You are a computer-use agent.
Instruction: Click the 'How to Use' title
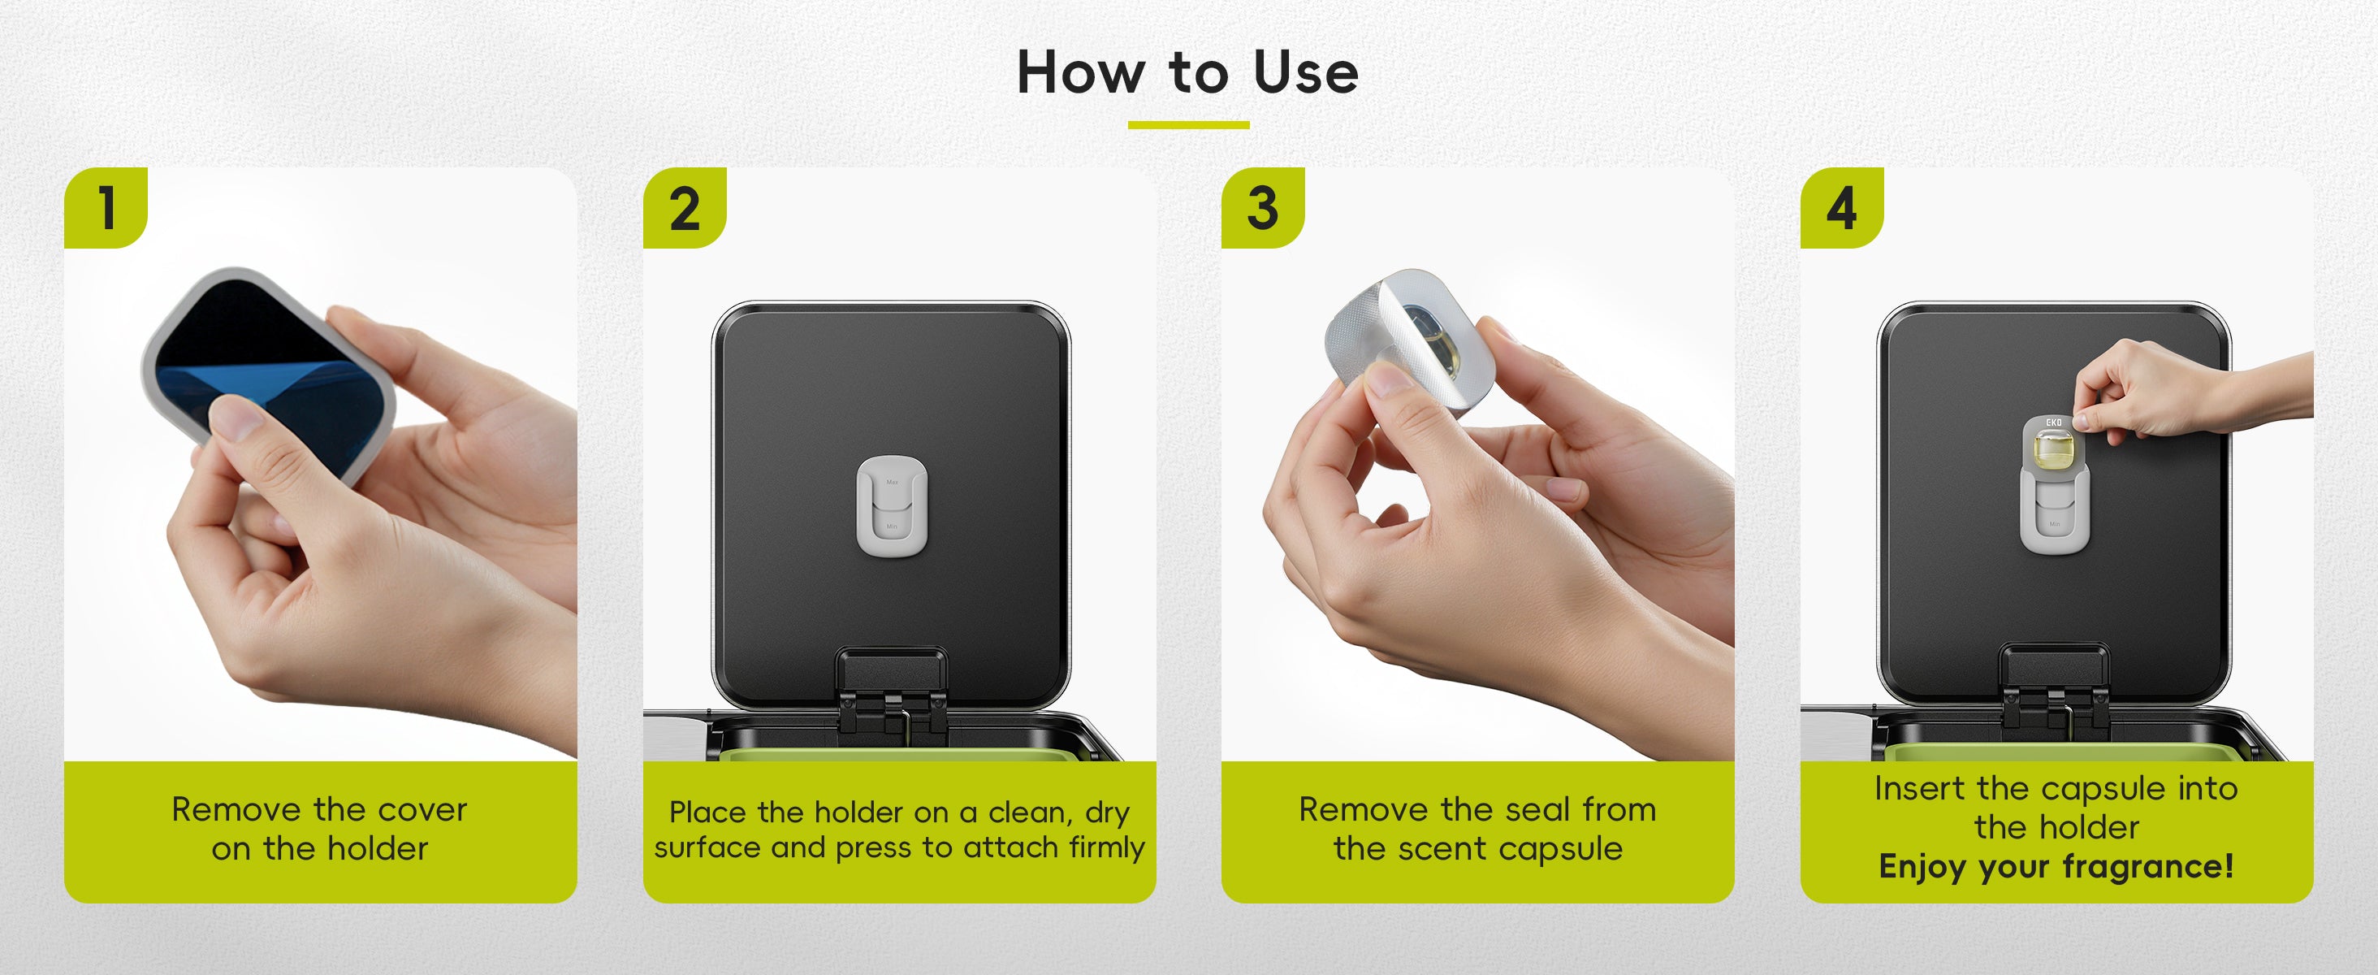pos(1188,72)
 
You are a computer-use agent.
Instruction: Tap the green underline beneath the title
pos(1189,124)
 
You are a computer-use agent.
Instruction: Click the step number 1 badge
pos(106,208)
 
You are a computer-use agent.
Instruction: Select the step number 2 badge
pos(684,208)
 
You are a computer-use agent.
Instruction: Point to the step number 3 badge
pos(1263,208)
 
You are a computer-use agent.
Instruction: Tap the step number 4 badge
pos(1842,208)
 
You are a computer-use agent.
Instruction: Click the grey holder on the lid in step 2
pos(891,506)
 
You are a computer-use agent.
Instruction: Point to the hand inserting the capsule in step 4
pos(2188,388)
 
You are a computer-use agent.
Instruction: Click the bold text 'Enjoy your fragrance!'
pos(2056,867)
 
